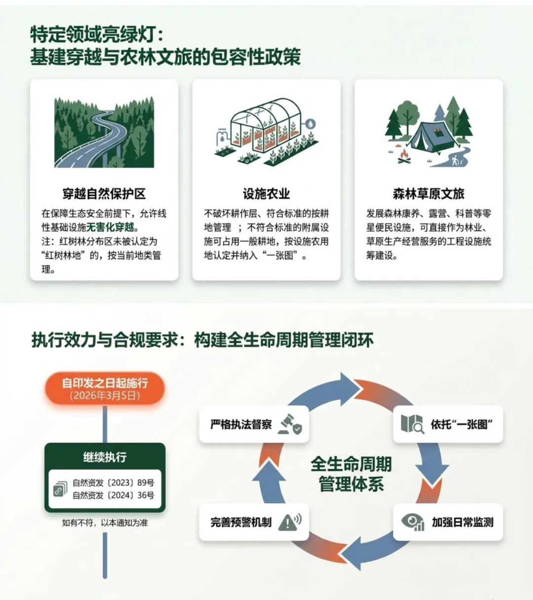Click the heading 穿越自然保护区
(x=104, y=194)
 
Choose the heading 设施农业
(x=266, y=194)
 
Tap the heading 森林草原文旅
(x=428, y=194)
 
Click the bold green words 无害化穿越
(x=110, y=227)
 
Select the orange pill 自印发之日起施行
(x=105, y=383)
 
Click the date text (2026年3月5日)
(x=105, y=396)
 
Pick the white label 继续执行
(x=105, y=457)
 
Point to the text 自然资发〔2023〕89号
(x=113, y=483)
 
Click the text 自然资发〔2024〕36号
(x=113, y=495)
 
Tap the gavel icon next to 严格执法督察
(x=290, y=425)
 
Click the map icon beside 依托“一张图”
(x=412, y=424)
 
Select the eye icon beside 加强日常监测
(x=413, y=522)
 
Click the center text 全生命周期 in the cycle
(x=351, y=464)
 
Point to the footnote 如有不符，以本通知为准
(x=105, y=522)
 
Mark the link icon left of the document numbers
(x=60, y=489)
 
